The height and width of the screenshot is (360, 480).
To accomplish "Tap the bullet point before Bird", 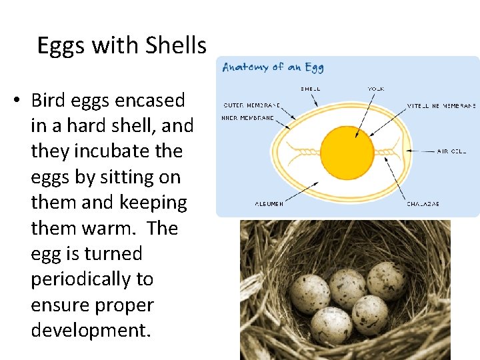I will [17, 101].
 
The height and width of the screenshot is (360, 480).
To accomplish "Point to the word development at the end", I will [89, 331].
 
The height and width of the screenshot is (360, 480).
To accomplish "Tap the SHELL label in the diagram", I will [311, 88].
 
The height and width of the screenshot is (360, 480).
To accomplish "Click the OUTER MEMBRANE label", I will [251, 105].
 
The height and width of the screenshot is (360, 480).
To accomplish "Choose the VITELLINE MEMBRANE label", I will [441, 105].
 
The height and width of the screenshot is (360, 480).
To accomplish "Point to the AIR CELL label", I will [452, 151].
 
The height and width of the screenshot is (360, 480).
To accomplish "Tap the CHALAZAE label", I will [423, 203].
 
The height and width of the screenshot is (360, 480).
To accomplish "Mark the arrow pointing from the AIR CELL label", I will [417, 151].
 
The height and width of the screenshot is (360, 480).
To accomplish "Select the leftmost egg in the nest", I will [310, 293].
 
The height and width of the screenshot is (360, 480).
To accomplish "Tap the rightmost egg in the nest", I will [387, 280].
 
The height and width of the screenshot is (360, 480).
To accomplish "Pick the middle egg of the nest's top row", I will [347, 287].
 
